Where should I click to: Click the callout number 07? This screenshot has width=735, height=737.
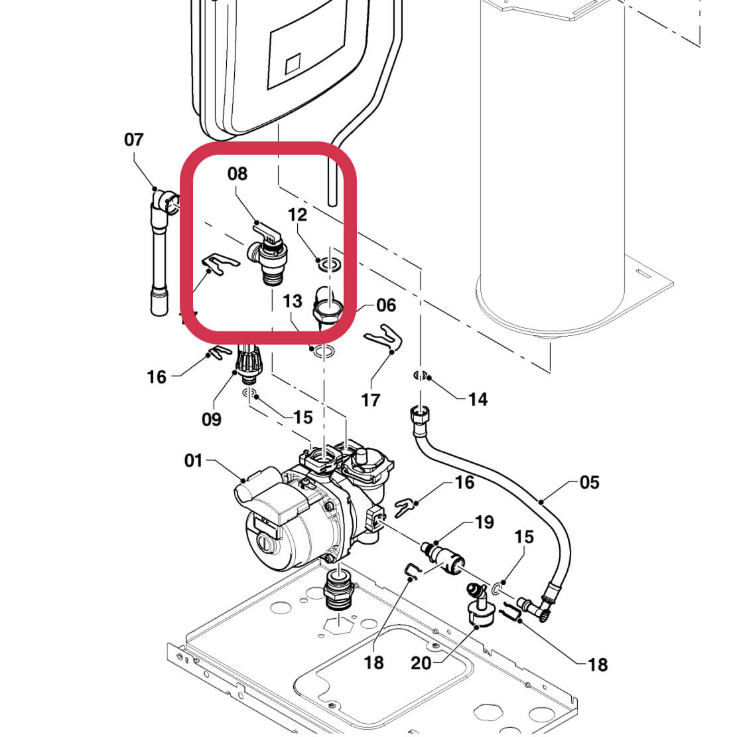[133, 139]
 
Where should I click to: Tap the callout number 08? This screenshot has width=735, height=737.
[237, 174]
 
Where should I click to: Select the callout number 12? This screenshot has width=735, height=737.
[298, 214]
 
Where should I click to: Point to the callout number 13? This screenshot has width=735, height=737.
[293, 301]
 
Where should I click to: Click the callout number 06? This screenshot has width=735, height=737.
[385, 305]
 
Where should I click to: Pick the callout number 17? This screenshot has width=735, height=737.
[371, 400]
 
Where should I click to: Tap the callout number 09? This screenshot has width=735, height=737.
[212, 420]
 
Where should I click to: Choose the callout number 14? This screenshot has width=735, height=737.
[478, 399]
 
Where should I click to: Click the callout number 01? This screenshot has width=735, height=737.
[193, 460]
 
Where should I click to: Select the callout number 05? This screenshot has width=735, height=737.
[589, 483]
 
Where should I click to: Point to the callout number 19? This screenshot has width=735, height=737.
[484, 523]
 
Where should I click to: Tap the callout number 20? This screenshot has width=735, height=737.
[421, 663]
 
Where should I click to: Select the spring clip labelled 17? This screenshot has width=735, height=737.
[385, 338]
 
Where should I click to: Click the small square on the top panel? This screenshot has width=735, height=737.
[293, 66]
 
